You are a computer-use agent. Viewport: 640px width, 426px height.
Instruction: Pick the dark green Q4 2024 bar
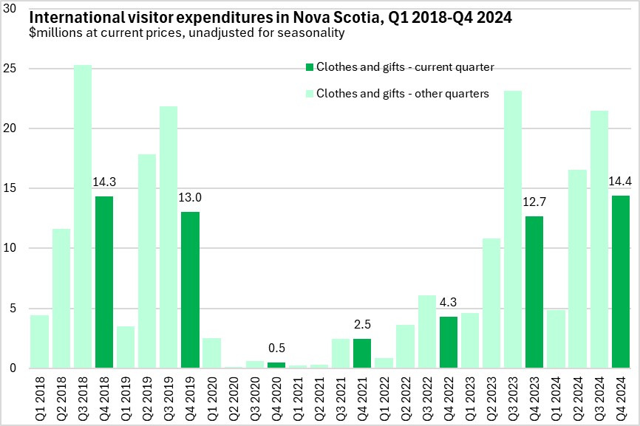tap(620, 281)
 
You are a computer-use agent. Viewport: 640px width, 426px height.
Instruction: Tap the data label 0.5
tap(276, 348)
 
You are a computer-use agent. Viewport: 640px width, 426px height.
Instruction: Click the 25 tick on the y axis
tap(15, 69)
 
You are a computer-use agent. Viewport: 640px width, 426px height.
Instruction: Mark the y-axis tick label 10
tap(15, 248)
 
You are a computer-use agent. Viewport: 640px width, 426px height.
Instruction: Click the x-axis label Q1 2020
tap(212, 394)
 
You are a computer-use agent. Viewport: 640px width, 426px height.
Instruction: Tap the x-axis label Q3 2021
tap(341, 394)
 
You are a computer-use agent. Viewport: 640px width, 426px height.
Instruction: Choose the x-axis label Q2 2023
tap(491, 394)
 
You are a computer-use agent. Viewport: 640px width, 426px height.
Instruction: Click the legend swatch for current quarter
tap(310, 67)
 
